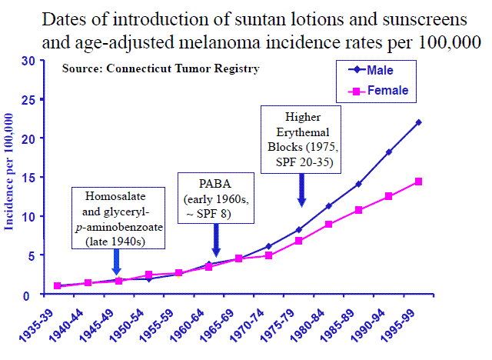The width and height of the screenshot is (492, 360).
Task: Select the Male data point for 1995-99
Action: click(418, 122)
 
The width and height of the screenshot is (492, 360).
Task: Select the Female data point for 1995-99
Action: click(418, 182)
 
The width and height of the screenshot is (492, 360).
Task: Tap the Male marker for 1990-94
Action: click(388, 152)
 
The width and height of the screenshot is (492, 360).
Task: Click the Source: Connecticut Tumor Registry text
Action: click(161, 68)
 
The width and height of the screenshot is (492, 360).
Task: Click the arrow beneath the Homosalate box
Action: click(115, 263)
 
